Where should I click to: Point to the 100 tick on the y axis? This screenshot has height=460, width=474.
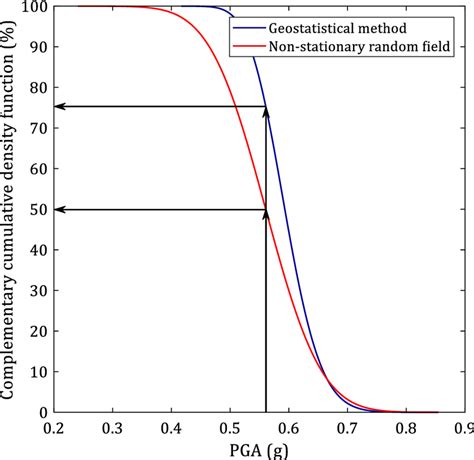36,7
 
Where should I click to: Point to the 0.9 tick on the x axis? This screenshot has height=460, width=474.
462,426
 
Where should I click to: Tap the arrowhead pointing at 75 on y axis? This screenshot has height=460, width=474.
61,107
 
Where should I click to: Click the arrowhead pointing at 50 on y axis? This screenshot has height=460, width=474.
61,209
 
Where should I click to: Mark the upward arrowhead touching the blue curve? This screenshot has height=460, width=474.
265,111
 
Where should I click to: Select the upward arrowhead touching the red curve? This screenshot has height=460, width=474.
265,213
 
